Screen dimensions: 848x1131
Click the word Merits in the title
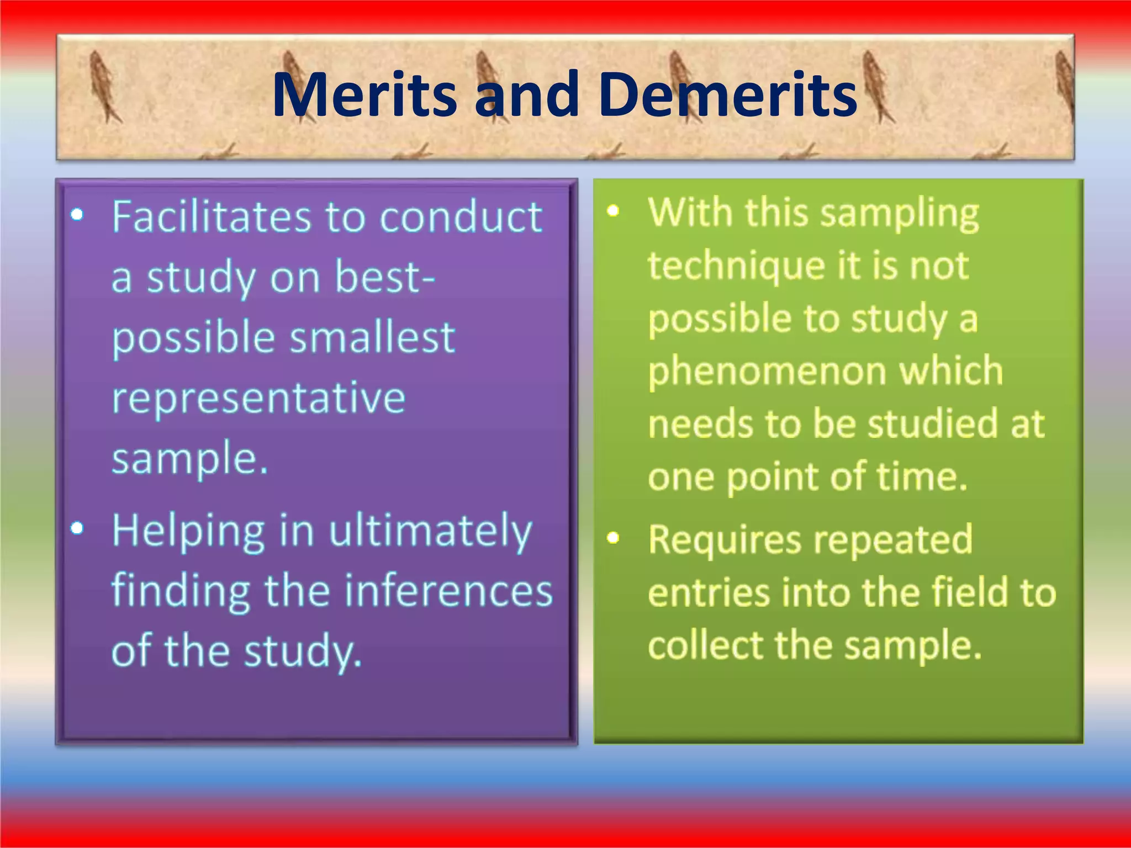[364, 95]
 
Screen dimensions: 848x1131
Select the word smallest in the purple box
[372, 338]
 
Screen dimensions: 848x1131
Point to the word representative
[258, 398]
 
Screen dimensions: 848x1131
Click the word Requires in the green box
[724, 539]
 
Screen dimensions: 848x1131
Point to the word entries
[709, 592]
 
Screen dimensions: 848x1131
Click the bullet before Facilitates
[77, 214]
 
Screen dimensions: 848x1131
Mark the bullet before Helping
[77, 529]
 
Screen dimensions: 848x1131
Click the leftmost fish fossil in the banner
[104, 87]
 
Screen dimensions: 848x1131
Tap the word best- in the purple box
[384, 277]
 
